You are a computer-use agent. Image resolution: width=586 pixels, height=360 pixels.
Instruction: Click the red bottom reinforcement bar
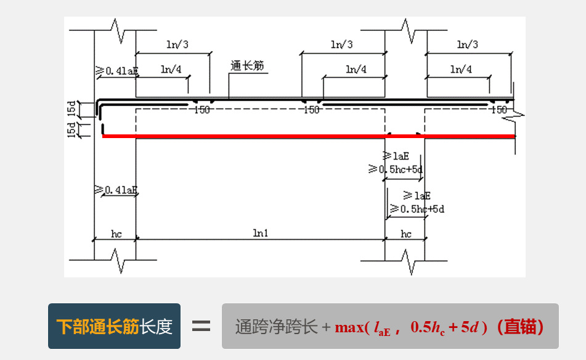308,136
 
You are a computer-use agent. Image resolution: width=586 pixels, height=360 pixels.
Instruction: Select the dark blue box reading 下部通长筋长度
114,326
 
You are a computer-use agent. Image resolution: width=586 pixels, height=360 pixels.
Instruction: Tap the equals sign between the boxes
201,326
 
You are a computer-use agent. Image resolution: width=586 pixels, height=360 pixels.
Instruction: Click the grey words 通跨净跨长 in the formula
276,327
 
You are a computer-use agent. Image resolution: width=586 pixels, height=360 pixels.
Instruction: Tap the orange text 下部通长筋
97,326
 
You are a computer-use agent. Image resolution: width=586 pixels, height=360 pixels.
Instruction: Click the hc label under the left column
116,234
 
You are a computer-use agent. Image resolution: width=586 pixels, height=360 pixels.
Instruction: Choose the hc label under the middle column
406,234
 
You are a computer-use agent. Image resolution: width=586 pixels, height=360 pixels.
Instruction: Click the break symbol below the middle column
406,261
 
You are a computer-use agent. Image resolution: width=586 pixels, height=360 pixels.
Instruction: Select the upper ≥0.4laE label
116,71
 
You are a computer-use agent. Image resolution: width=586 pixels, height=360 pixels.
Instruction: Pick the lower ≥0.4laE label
116,190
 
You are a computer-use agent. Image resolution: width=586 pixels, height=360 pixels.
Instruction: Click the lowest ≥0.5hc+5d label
417,209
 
